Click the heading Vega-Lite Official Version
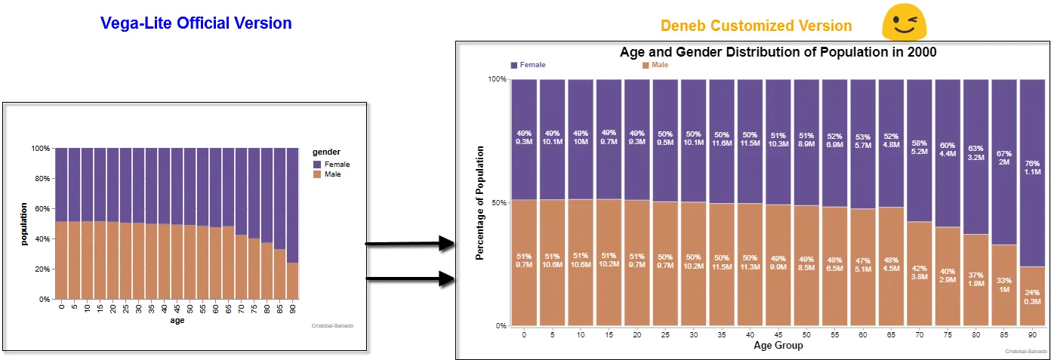click(196, 23)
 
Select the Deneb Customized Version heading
click(756, 26)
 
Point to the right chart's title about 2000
click(778, 52)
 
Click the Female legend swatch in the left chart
click(317, 164)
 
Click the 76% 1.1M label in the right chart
click(1032, 167)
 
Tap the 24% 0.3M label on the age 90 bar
click(1032, 297)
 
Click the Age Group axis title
click(778, 346)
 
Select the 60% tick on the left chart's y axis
click(44, 209)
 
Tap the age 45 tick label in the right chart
click(778, 334)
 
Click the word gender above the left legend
click(327, 152)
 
